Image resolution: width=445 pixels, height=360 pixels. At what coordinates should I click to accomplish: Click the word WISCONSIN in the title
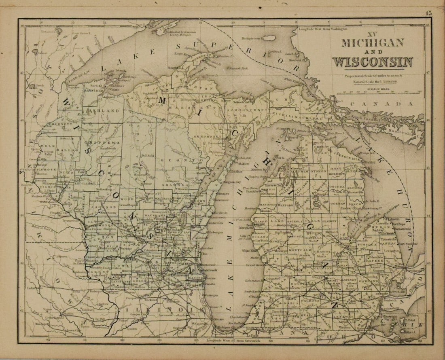coord(373,62)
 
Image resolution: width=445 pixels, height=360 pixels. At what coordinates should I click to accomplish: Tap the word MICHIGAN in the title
coord(373,42)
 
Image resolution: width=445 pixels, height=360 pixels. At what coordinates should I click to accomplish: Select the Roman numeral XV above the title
coord(372,34)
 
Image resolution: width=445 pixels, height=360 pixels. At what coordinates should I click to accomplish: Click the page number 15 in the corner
coord(428,13)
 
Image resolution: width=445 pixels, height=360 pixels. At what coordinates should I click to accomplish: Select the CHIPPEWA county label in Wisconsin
coord(101,143)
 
